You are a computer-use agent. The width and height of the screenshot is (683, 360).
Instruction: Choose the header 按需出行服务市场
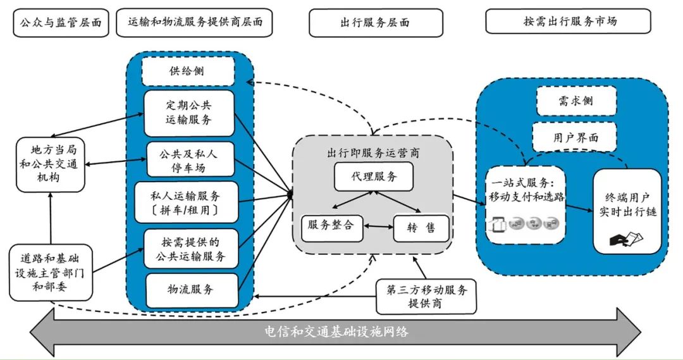point(568,22)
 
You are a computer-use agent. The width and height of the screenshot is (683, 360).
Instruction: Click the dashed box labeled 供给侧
point(187,71)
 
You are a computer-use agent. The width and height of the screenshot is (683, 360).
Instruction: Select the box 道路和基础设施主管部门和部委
point(51,272)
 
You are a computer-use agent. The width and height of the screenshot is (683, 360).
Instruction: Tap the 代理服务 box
point(374,177)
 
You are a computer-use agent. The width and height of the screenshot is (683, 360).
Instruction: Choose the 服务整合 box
point(332,226)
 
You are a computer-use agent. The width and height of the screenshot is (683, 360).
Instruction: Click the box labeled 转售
point(421,228)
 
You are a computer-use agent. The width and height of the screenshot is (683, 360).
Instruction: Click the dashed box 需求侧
point(575,101)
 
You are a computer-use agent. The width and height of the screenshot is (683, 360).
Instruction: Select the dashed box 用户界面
point(575,137)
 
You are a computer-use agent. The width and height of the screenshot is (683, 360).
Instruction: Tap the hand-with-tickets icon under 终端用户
point(625,240)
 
